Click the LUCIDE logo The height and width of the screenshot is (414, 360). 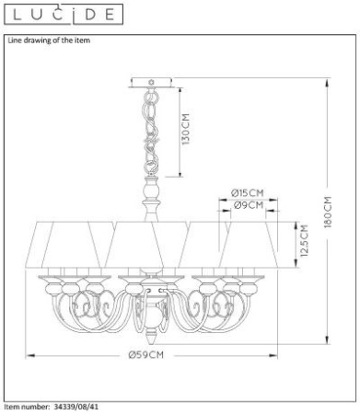click(x=64, y=14)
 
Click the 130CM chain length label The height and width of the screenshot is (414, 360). click(x=186, y=129)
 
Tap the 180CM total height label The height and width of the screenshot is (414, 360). click(x=328, y=212)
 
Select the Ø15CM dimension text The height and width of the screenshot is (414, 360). click(x=248, y=193)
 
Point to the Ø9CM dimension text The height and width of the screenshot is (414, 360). click(x=249, y=205)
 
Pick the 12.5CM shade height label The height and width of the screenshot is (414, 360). click(x=304, y=241)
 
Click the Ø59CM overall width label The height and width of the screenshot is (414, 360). click(x=146, y=355)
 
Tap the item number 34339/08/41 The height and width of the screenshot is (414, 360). click(x=76, y=407)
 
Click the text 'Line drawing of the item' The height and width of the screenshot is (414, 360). click(x=49, y=40)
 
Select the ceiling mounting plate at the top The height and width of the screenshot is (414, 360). click(x=151, y=83)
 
